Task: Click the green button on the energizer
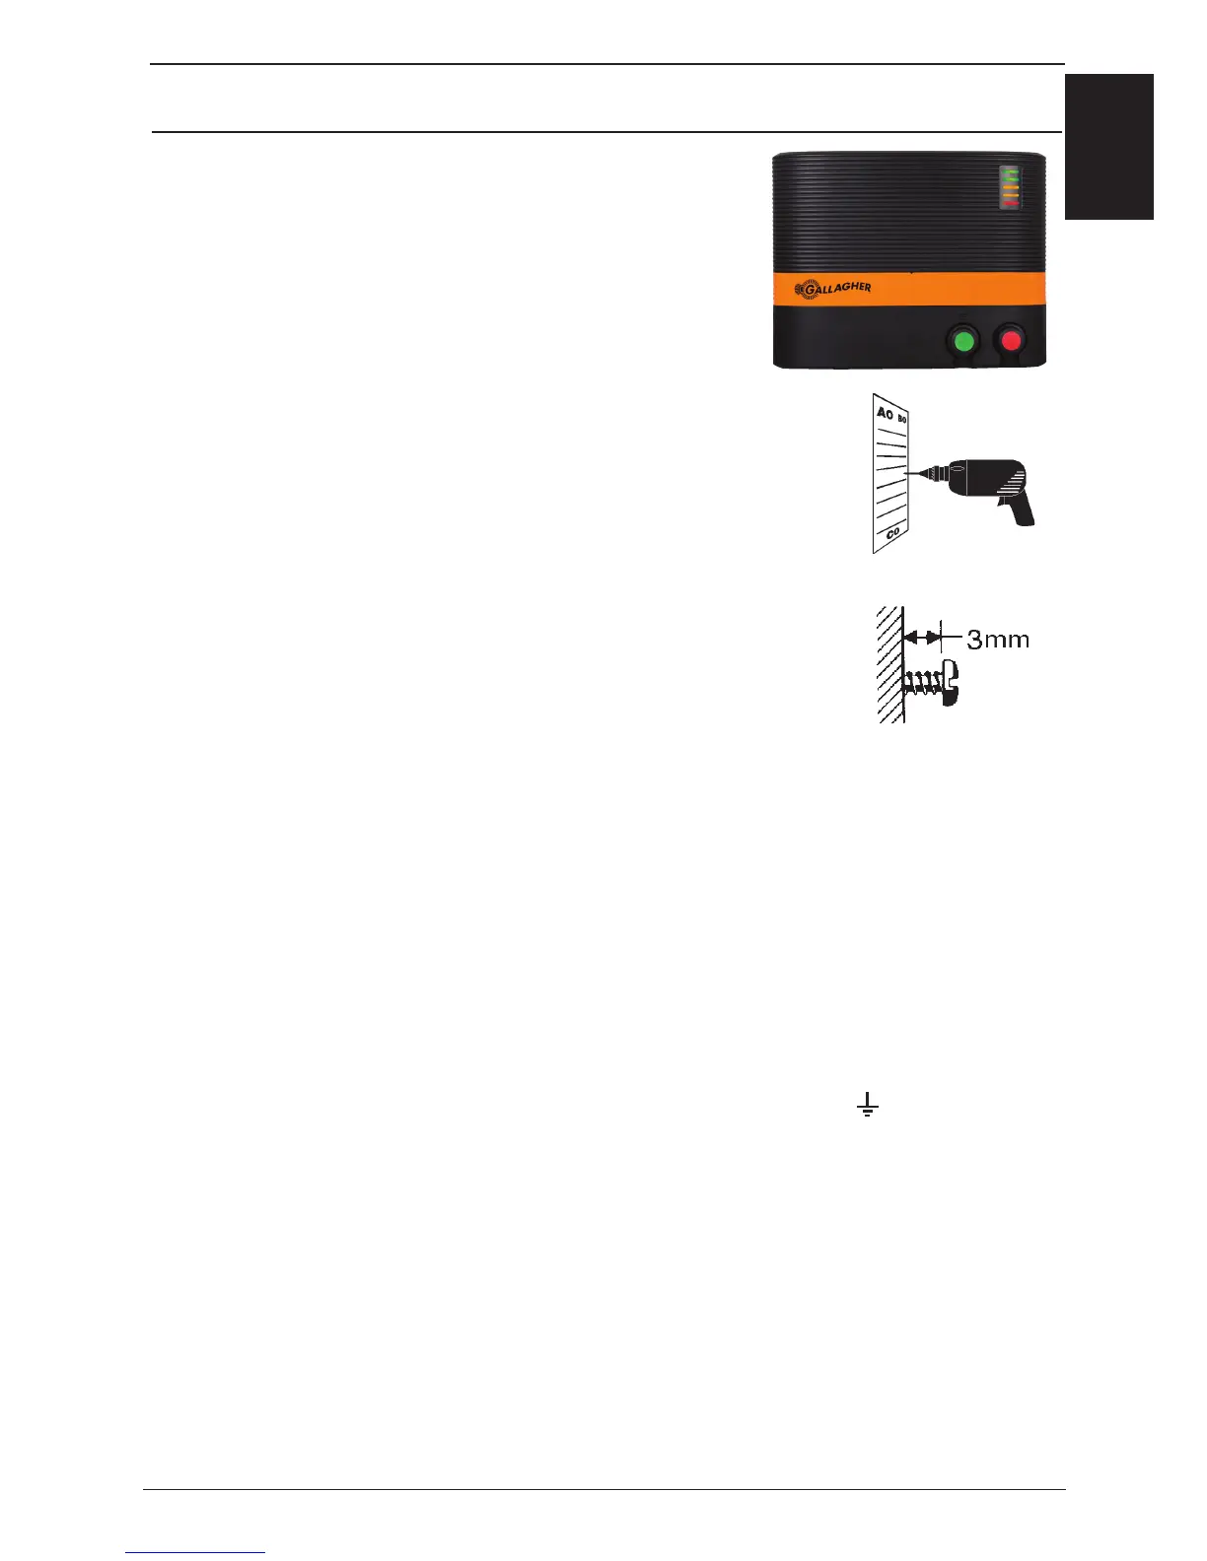(x=962, y=342)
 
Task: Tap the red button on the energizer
(x=1011, y=342)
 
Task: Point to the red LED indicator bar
(x=1010, y=203)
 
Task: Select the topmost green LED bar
(x=1010, y=172)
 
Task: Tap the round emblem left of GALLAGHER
(x=802, y=292)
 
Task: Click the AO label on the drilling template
(x=885, y=414)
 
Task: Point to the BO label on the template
(x=902, y=420)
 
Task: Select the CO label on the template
(x=892, y=532)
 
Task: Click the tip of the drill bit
(x=907, y=475)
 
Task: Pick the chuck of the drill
(x=933, y=474)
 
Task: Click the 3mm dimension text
(x=998, y=640)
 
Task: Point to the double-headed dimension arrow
(x=923, y=638)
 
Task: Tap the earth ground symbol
(x=866, y=1105)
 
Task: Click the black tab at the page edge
(x=1108, y=147)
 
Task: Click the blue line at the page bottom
(x=195, y=1552)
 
